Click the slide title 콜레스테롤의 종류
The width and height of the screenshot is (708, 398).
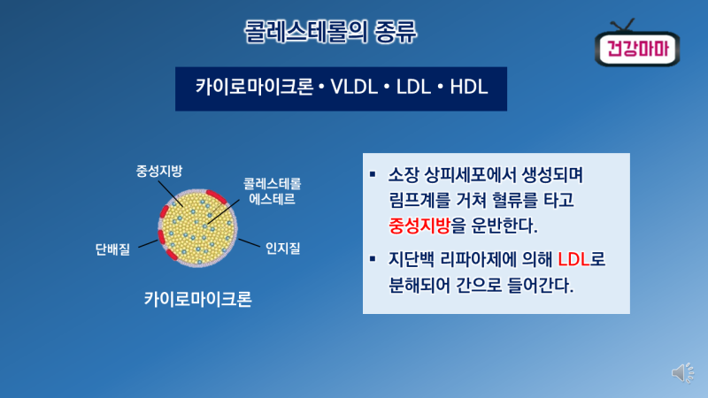[x=330, y=32]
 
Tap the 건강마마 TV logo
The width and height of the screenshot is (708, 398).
[x=637, y=44]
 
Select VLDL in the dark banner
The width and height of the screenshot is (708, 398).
[x=354, y=87]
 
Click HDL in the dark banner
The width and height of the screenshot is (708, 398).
[x=469, y=87]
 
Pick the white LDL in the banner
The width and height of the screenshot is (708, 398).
[x=413, y=87]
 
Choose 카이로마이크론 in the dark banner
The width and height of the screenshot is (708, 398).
[x=254, y=87]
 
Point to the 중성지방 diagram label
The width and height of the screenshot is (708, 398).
[x=159, y=171]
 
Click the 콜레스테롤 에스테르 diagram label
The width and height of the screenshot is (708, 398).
[x=273, y=191]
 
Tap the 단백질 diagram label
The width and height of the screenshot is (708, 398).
[x=112, y=249]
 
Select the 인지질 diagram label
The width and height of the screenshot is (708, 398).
[x=282, y=249]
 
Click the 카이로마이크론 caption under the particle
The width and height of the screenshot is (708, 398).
[x=197, y=299]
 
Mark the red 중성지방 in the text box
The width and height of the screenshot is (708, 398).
[x=419, y=226]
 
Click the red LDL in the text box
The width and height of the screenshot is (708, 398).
[x=573, y=259]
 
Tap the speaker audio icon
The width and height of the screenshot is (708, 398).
[x=682, y=372]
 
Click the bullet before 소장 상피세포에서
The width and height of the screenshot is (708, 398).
[x=373, y=173]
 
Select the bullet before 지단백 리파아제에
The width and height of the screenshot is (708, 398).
[x=373, y=258]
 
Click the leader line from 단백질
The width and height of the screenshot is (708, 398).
[x=148, y=244]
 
